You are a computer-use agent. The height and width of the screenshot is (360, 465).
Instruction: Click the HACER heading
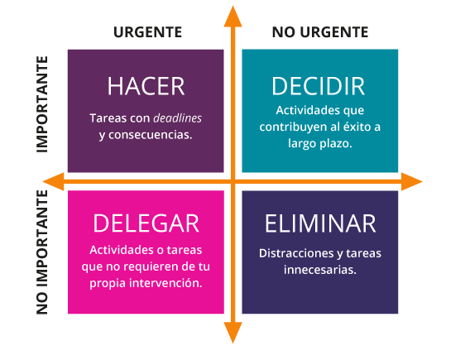146,86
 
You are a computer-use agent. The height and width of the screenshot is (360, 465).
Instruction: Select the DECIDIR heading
318,86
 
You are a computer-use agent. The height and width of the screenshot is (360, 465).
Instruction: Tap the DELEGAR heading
146,223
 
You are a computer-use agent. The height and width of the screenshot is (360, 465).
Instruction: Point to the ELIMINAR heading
320,223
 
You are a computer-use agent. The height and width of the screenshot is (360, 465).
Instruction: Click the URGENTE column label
147,32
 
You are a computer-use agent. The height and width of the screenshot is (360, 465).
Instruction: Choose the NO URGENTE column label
320,32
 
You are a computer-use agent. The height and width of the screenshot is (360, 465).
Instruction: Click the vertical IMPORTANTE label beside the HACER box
42,104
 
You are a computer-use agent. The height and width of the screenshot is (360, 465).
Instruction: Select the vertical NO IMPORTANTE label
42,252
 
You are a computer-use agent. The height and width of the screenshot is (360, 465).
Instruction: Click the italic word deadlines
178,118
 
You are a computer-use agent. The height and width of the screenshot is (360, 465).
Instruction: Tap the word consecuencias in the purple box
150,135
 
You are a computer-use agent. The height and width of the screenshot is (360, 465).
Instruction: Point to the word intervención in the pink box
165,283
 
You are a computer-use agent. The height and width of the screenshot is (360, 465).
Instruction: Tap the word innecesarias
320,270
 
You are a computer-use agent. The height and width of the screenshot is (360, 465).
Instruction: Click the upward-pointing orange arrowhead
232,17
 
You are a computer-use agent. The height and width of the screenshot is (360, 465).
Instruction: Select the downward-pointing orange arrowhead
232,333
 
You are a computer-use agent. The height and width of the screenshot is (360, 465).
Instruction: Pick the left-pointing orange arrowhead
54,181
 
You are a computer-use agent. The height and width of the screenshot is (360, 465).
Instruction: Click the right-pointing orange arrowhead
412,181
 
